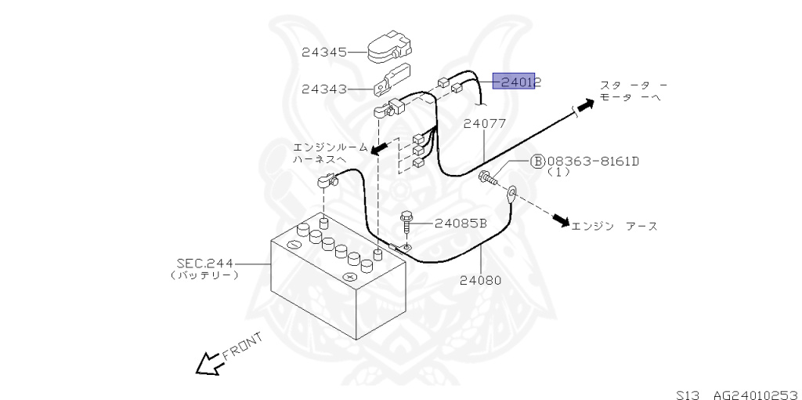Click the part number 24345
coord(323,53)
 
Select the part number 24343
coord(323,89)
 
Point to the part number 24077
coord(484,123)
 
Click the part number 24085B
coord(461,223)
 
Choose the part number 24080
coord(481,279)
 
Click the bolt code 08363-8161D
coord(593,162)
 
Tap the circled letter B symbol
coord(537,162)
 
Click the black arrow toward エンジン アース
coord(558,220)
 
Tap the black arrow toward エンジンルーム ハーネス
coord(379,148)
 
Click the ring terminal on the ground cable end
coord(510,191)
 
